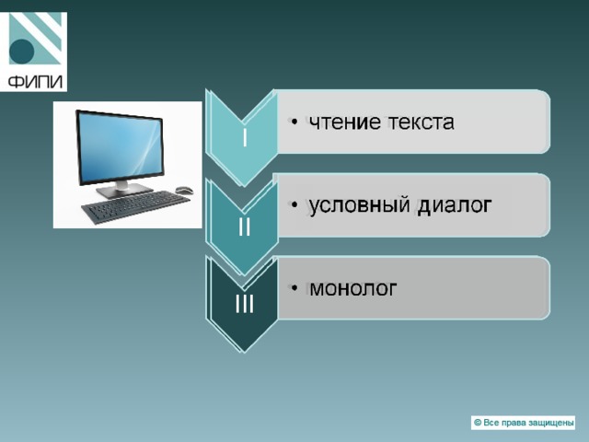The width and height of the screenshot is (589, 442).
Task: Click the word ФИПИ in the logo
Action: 35,81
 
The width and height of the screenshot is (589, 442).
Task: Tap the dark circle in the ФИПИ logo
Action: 21,52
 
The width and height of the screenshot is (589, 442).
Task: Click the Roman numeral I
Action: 245,137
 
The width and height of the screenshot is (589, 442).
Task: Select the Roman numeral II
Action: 245,227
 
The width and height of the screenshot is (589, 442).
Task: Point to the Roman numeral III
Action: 245,303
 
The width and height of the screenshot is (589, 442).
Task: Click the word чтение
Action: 344,122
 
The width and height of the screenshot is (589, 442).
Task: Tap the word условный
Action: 359,206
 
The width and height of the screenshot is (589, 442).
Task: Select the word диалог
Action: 455,206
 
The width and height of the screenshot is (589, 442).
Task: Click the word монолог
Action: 352,288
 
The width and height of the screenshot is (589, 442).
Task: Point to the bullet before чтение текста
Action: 294,122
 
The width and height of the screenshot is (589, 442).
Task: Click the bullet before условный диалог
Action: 294,204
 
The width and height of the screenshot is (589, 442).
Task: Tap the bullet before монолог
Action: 294,288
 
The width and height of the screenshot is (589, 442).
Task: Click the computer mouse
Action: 184,190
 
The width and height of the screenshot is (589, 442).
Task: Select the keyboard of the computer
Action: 135,205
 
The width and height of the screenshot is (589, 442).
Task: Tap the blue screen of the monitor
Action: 121,147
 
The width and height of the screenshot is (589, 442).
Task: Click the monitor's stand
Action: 123,189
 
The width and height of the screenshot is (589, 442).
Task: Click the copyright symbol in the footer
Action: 478,423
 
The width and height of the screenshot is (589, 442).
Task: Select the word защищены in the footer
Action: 550,424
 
